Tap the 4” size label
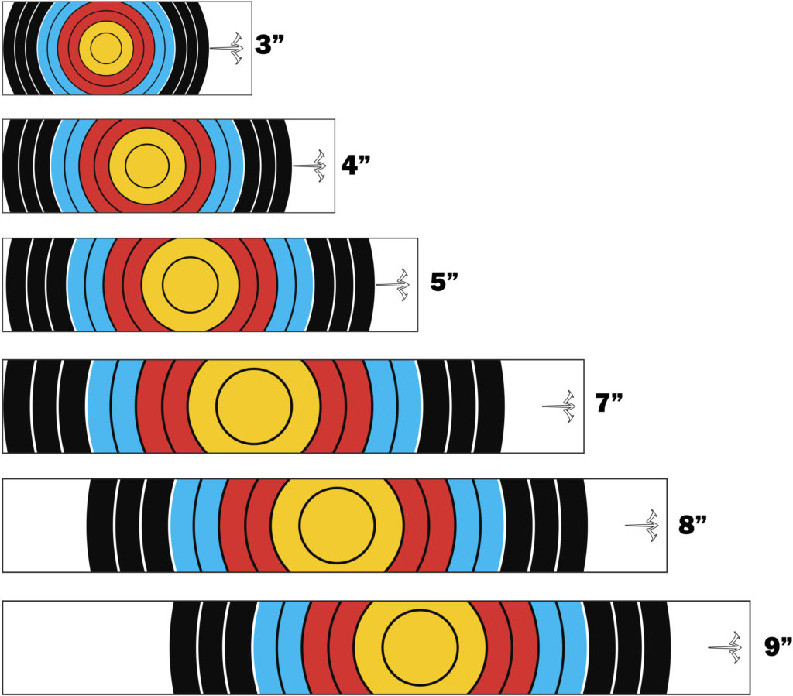point(354,165)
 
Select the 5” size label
point(445,282)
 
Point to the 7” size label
point(609,404)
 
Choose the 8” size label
point(692,525)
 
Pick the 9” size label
point(775,646)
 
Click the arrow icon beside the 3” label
point(227,48)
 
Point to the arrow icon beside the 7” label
point(559,406)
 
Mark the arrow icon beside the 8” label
point(642,526)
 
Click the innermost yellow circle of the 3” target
point(106,48)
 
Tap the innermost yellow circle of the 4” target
point(147,166)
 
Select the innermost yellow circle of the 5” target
point(190,285)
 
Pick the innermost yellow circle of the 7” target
point(254,406)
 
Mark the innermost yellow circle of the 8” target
point(337,526)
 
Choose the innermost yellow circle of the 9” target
point(421,646)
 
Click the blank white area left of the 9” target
point(85,646)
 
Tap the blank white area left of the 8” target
point(44,526)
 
